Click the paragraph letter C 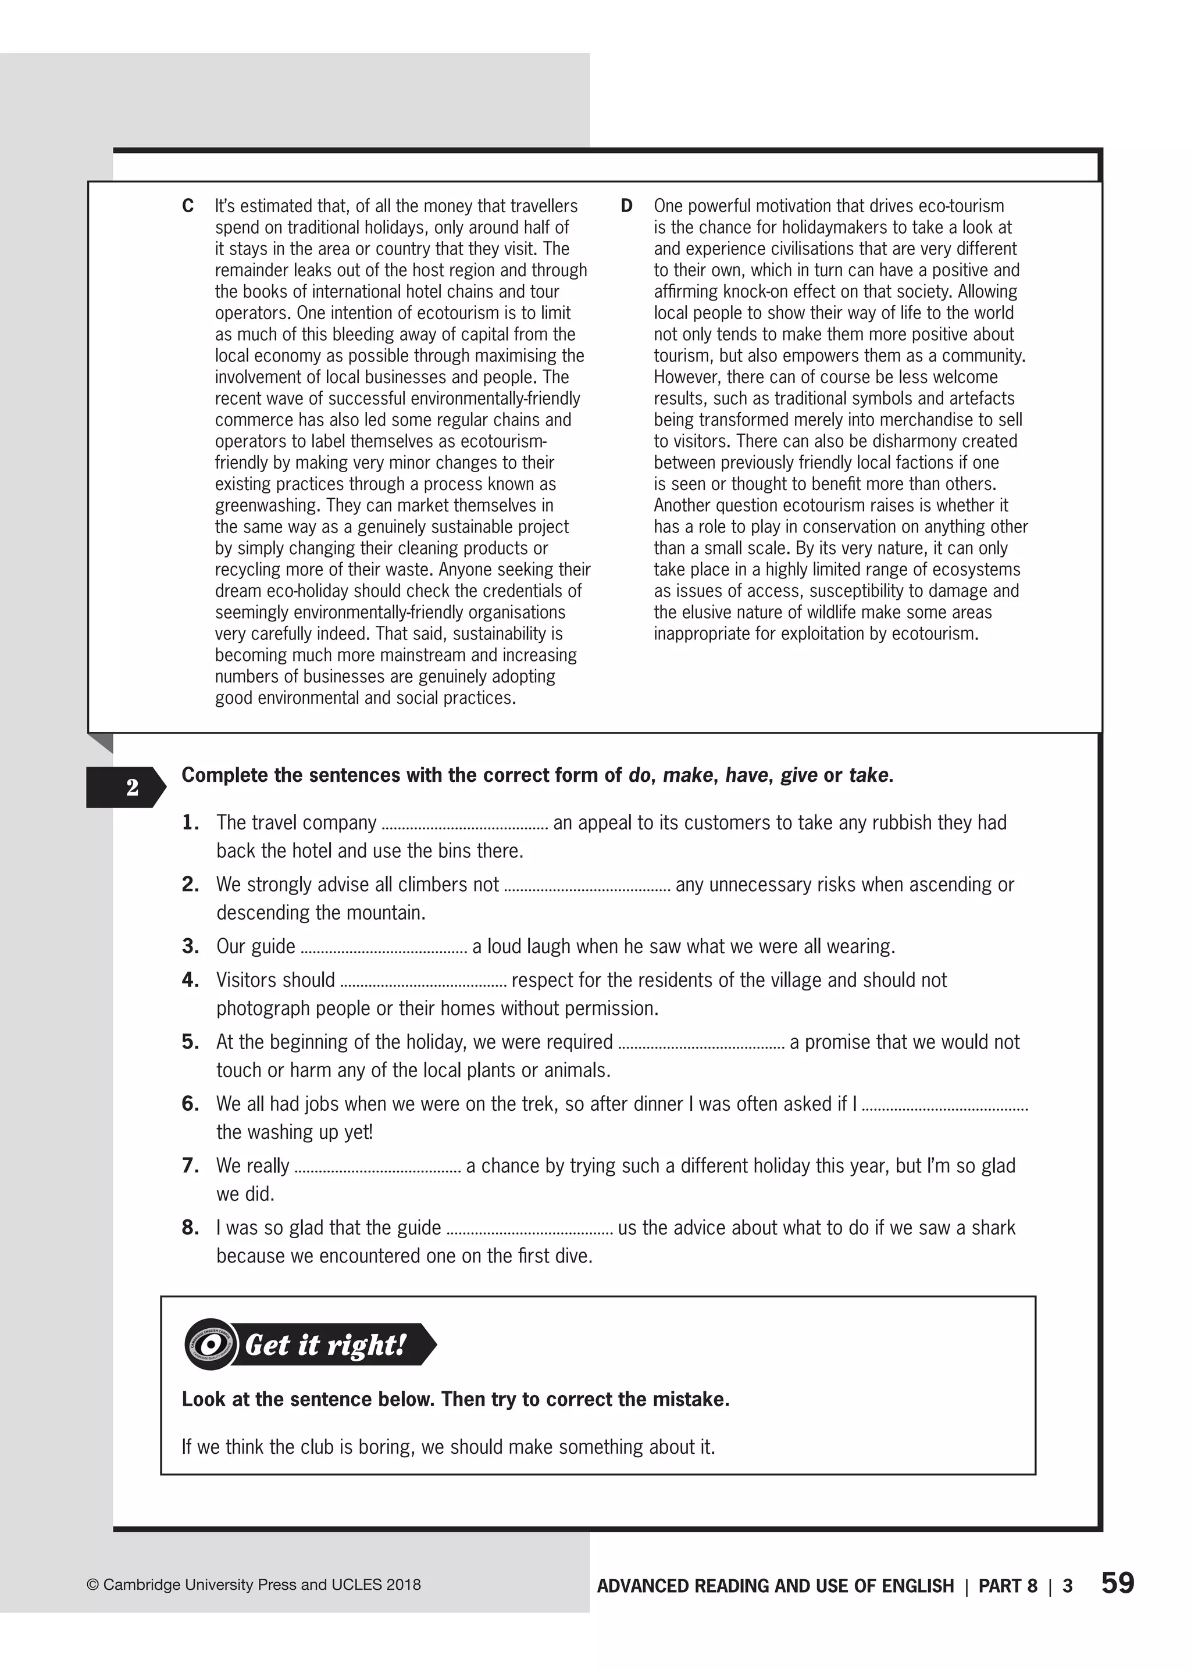coord(188,206)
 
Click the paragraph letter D coord(626,206)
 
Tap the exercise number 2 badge coord(132,788)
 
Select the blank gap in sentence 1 coord(465,824)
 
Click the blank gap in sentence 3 coord(384,947)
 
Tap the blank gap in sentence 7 coord(377,1167)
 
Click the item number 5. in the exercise coord(191,1042)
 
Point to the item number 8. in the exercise coord(191,1228)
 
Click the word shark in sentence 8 coord(993,1228)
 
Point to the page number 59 coord(1117,1583)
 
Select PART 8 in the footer coord(1008,1586)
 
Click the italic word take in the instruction coord(868,775)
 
